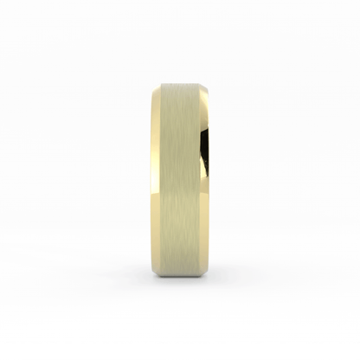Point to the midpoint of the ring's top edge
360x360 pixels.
[x=179, y=77]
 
